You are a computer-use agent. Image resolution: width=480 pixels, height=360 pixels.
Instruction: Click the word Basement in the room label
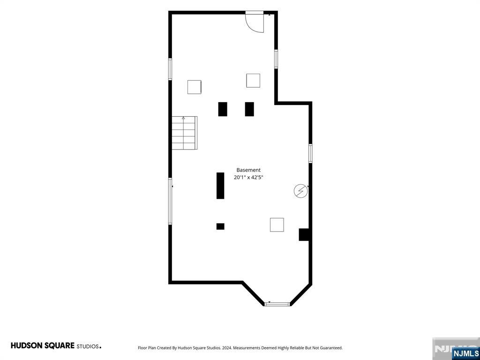click(248, 170)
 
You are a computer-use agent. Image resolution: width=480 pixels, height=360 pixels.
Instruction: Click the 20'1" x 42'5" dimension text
click(248, 177)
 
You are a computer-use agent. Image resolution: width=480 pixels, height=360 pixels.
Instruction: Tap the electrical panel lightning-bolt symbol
click(300, 191)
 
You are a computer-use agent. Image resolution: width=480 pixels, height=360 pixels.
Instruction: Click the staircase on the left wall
click(184, 133)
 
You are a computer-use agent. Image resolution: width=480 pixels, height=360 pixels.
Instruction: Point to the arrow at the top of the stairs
click(183, 118)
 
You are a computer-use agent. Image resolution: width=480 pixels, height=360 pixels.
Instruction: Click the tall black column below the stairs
click(220, 186)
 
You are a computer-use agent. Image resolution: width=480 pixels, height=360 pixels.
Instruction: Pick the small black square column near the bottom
click(220, 226)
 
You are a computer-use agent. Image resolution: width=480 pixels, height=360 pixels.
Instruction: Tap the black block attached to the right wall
click(304, 234)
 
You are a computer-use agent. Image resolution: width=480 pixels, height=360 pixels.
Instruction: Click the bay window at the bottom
click(277, 304)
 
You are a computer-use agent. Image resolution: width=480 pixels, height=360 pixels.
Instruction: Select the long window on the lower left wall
click(170, 201)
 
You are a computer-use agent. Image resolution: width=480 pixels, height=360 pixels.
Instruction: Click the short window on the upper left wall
click(170, 69)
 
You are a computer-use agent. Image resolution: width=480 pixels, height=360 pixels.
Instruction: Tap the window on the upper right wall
click(276, 59)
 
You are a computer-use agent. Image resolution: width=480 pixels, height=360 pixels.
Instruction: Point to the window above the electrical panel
click(310, 153)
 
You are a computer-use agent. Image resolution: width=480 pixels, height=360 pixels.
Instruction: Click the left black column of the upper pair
click(223, 109)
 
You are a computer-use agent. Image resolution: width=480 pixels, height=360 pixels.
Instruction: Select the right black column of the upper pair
click(249, 109)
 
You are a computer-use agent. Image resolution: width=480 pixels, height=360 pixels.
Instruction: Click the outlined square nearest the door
click(253, 81)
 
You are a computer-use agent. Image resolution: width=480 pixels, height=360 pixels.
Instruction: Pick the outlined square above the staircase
click(195, 87)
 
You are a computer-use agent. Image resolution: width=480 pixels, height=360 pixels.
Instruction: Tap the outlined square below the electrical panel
click(277, 225)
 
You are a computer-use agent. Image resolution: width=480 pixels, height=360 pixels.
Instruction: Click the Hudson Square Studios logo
click(56, 346)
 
